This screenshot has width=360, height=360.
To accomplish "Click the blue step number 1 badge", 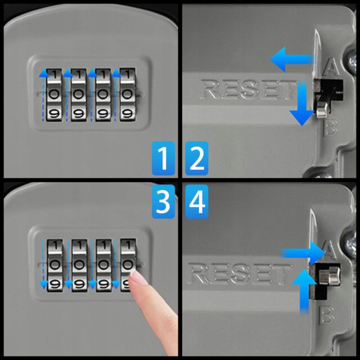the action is [x=163, y=158].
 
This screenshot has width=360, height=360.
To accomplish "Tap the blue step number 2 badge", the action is [x=197, y=158].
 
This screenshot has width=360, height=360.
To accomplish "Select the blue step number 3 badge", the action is [x=163, y=201].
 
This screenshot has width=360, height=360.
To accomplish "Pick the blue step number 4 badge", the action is [x=197, y=201].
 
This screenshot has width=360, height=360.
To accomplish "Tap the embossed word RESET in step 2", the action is [x=249, y=89].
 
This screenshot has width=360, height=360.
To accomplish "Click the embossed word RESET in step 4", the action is [x=238, y=273].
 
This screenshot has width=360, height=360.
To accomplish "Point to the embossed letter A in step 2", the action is [x=331, y=67].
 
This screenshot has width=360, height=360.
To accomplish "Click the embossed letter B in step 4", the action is [x=327, y=316].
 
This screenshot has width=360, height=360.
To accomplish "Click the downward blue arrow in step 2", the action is [x=302, y=103].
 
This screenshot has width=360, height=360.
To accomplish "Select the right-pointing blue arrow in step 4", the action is [x=303, y=253].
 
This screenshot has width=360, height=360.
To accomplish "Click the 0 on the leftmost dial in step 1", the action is [x=54, y=94].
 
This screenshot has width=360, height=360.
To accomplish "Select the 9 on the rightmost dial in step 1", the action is [x=128, y=113].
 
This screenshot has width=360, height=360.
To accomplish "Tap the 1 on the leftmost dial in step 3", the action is [x=55, y=245].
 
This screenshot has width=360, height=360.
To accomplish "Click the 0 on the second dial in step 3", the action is [x=79, y=264].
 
